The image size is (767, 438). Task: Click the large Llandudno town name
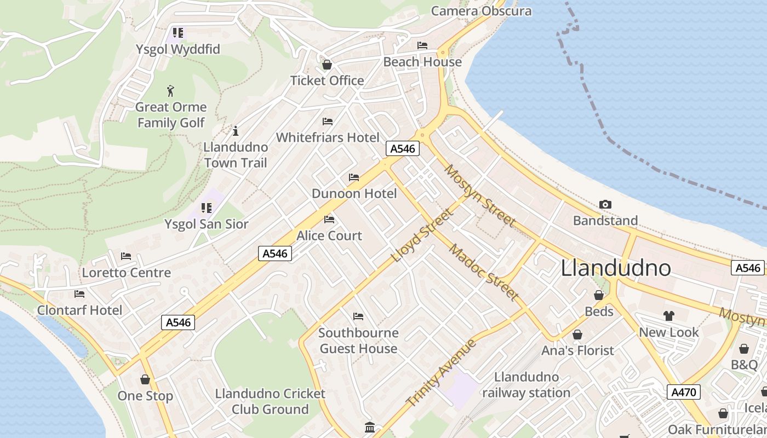point(616,268)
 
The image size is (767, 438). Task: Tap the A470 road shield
point(683,392)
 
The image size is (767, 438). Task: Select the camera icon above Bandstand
point(605,205)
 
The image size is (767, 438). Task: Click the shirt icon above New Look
point(668,315)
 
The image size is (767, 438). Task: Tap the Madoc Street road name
point(484,272)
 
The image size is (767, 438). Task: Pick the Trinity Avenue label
point(441,372)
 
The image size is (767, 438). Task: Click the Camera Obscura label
point(481,11)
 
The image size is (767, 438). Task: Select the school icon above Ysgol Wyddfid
point(178,33)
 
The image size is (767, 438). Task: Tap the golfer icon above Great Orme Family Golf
point(170,90)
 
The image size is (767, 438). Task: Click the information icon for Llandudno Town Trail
point(236,131)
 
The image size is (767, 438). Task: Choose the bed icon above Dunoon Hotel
point(354,177)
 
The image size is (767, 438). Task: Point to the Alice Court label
point(329,235)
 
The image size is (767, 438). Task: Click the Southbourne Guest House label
point(358,341)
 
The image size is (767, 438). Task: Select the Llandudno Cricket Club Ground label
point(270,401)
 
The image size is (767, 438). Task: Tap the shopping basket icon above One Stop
point(145,379)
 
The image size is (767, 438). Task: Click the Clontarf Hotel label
point(80,310)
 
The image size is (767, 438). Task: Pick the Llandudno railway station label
point(526,385)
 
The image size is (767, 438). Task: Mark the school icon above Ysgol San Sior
point(206,208)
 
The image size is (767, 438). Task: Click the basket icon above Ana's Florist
point(577,335)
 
